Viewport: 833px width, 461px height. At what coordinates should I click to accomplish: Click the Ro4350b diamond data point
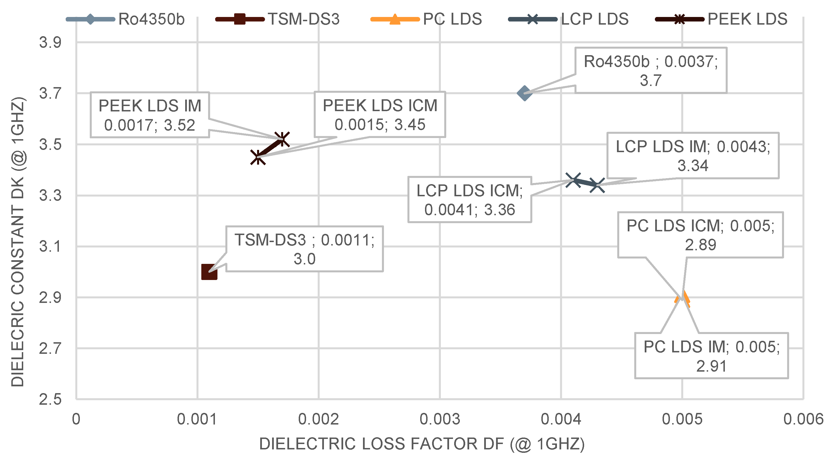coord(524,93)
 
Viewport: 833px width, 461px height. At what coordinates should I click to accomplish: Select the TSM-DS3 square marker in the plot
coord(209,272)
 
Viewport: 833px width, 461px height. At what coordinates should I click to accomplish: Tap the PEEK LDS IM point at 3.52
coord(282,139)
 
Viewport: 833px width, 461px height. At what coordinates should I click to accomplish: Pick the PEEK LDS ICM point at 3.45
coord(258,157)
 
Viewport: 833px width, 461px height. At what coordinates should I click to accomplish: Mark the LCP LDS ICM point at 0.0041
coord(573,180)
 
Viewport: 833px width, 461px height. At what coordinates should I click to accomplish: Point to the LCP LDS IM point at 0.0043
coord(597,186)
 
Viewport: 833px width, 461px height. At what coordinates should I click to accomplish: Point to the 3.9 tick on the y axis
coord(50,42)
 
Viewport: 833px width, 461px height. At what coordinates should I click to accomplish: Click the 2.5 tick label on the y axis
coord(50,400)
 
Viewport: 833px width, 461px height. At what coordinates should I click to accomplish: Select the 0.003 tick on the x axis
coord(440,419)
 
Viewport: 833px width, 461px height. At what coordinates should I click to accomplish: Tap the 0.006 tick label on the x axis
coord(803,419)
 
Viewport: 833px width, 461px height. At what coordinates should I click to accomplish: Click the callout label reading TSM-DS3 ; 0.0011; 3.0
coord(304,249)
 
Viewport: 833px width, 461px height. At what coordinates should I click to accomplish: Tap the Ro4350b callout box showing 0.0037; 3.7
coord(651,70)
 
